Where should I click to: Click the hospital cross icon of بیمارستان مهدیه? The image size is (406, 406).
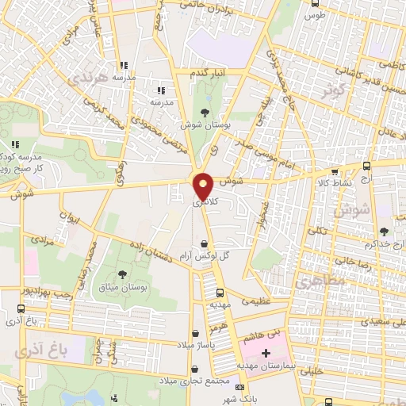click(x=265, y=351)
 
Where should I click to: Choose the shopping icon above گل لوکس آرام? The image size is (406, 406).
click(x=205, y=243)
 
